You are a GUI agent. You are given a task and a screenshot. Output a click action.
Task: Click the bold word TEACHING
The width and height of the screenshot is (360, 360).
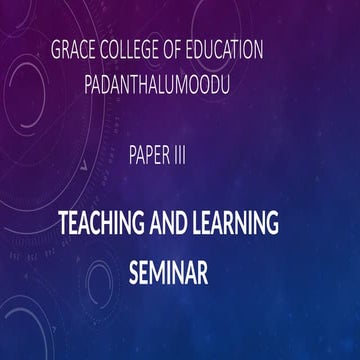point(96,223)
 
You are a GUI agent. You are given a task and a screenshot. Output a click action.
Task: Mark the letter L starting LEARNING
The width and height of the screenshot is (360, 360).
point(205,223)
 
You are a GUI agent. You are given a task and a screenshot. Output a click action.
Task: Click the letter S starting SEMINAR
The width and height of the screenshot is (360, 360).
point(132,271)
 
